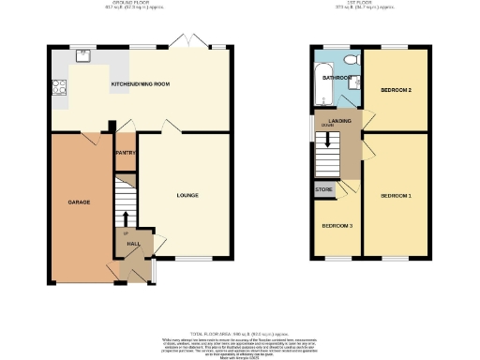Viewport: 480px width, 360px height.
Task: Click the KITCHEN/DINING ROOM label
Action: pos(141,85)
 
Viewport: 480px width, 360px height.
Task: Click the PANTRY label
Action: pos(126,153)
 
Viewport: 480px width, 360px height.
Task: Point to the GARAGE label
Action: pos(78,202)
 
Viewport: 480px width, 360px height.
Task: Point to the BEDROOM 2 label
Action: pos(396,90)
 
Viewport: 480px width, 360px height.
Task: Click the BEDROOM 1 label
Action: pos(396,196)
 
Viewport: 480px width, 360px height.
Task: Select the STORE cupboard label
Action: pos(324,191)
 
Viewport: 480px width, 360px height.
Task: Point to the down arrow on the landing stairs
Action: pos(326,141)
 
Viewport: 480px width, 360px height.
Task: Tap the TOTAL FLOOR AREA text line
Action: pos(240,334)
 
